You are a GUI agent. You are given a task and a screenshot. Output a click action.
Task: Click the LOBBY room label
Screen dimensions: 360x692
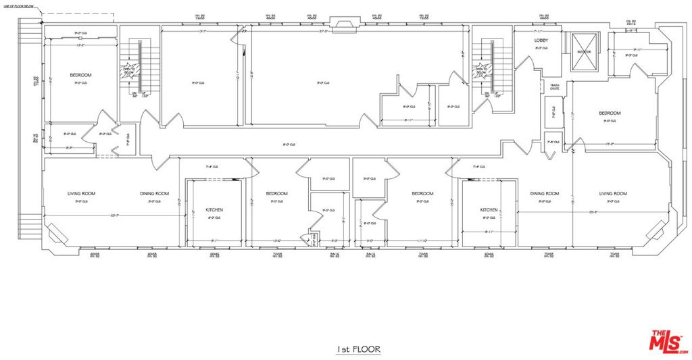(x=541, y=41)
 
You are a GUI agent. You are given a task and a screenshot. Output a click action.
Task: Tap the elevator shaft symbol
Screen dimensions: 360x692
(x=583, y=51)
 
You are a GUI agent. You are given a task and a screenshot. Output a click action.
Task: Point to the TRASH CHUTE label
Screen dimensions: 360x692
(x=554, y=86)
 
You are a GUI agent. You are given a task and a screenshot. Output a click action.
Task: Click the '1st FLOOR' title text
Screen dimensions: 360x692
(x=359, y=349)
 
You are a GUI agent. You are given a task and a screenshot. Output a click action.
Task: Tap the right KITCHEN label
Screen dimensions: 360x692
(x=489, y=210)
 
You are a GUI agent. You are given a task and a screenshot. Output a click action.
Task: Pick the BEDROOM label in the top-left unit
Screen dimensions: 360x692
(x=80, y=75)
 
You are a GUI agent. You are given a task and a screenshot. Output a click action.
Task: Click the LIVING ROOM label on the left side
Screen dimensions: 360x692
(x=81, y=194)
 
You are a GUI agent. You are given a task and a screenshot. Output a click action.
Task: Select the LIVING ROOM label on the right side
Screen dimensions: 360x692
(x=612, y=194)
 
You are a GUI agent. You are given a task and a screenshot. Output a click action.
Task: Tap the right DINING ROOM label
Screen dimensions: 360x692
(x=544, y=194)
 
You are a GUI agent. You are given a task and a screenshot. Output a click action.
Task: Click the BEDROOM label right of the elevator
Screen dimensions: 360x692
(x=609, y=113)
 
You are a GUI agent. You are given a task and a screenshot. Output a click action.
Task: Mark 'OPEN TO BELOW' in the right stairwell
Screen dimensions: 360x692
(x=481, y=70)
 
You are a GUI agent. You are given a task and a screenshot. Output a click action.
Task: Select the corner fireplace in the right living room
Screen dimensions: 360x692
(x=655, y=233)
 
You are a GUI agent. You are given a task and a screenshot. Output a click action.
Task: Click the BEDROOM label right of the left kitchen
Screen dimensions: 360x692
(x=276, y=194)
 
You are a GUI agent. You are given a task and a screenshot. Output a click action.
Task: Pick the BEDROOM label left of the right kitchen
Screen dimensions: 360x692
(x=422, y=194)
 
